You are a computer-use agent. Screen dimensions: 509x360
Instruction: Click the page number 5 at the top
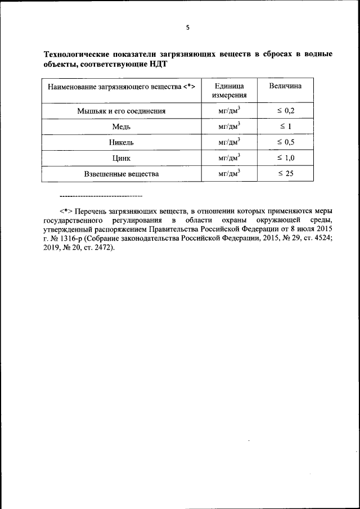pos(187,28)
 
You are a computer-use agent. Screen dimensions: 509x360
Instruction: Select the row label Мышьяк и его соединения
pos(121,111)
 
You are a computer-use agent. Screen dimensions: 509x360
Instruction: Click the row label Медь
pos(121,127)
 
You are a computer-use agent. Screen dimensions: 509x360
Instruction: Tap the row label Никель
pos(121,142)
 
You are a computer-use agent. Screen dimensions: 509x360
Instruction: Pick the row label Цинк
pos(121,158)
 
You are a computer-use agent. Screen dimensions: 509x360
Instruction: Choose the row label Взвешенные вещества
pos(121,174)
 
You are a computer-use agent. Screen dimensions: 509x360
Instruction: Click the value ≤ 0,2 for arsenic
pos(286,111)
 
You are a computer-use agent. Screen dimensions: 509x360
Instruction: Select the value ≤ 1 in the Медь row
pos(285,127)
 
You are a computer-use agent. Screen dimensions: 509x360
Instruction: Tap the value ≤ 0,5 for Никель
pos(286,142)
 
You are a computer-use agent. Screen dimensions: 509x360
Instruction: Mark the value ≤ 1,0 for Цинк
pos(286,158)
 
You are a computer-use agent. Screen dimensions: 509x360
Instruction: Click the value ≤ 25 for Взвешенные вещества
pos(286,174)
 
